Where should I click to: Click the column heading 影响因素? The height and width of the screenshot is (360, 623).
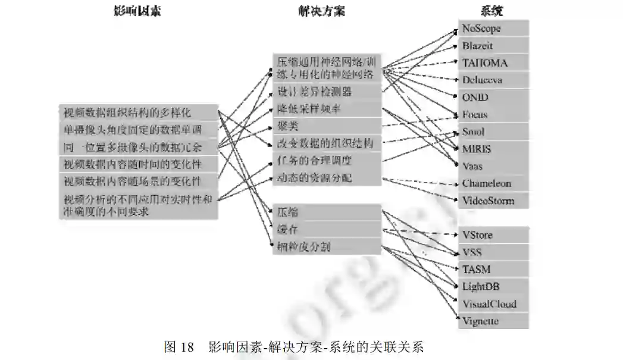click(x=137, y=11)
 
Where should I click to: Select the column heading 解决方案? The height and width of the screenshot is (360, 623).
click(x=321, y=11)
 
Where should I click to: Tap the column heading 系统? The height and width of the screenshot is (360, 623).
click(x=492, y=11)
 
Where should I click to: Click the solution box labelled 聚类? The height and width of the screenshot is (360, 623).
click(x=326, y=126)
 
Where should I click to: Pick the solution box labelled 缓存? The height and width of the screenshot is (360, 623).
click(x=326, y=230)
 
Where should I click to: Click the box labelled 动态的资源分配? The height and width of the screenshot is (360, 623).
click(x=326, y=178)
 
